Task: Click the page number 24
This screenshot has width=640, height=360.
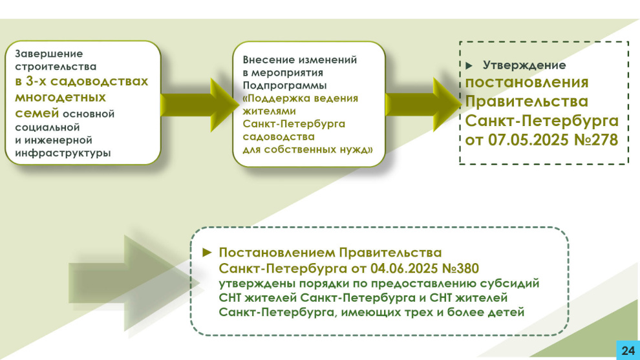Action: [628, 350]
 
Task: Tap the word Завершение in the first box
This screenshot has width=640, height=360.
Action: [49, 54]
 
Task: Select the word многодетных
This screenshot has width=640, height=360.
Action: [60, 98]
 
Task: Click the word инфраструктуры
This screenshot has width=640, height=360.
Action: [63, 153]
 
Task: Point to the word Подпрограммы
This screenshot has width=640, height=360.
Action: [284, 86]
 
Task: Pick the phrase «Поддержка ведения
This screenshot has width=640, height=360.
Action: [301, 98]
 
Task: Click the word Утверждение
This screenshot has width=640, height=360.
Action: [524, 65]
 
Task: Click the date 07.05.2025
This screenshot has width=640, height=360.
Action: [528, 140]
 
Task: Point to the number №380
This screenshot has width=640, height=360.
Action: [460, 269]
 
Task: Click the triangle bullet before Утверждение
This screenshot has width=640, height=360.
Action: [469, 65]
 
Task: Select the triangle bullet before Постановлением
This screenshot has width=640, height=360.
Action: [207, 253]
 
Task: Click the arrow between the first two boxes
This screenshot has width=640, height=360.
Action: [198, 105]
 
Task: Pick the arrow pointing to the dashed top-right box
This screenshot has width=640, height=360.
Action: [423, 105]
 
